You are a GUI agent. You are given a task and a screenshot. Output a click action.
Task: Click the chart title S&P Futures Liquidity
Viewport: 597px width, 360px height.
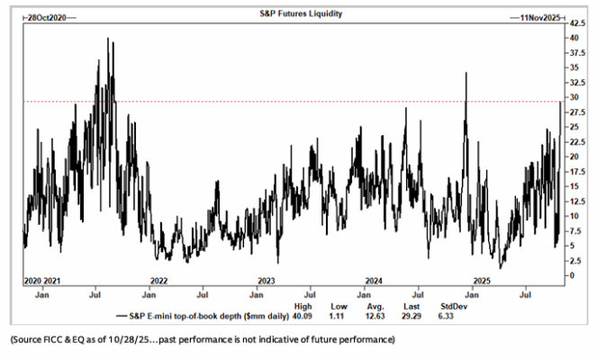(301, 13)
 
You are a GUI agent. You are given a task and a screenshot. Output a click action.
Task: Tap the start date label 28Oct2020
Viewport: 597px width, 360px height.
(47, 18)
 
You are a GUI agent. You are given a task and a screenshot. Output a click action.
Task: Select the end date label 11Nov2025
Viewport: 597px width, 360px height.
(540, 18)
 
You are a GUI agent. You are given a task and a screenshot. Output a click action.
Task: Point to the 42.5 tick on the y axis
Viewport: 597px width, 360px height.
(577, 23)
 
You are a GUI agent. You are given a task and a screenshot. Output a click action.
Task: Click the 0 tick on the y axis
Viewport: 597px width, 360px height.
(572, 275)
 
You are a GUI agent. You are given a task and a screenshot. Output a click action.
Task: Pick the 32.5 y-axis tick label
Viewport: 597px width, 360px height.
(577, 83)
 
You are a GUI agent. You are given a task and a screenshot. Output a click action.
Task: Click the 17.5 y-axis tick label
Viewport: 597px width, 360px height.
(577, 172)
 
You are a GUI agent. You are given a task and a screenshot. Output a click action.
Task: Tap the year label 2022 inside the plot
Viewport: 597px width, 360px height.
(158, 281)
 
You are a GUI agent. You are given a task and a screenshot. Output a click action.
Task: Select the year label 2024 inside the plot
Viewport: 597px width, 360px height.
(374, 281)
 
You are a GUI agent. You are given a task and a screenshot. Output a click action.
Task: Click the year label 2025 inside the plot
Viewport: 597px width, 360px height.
(482, 281)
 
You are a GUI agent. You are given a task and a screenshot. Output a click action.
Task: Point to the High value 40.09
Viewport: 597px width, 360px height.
(303, 316)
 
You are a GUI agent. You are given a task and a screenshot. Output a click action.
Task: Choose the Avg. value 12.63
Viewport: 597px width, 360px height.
(375, 316)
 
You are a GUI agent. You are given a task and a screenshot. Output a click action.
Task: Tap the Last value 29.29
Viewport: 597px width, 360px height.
(412, 316)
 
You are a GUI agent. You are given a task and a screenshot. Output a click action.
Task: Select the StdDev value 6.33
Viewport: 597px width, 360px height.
(446, 316)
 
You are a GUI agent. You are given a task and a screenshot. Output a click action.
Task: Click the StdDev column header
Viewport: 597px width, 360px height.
(454, 306)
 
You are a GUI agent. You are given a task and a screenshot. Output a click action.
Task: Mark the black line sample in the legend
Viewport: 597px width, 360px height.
(122, 316)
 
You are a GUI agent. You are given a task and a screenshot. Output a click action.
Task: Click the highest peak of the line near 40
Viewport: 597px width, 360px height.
(108, 38)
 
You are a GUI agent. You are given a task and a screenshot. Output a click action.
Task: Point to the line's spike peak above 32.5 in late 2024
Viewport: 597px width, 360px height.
(466, 73)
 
